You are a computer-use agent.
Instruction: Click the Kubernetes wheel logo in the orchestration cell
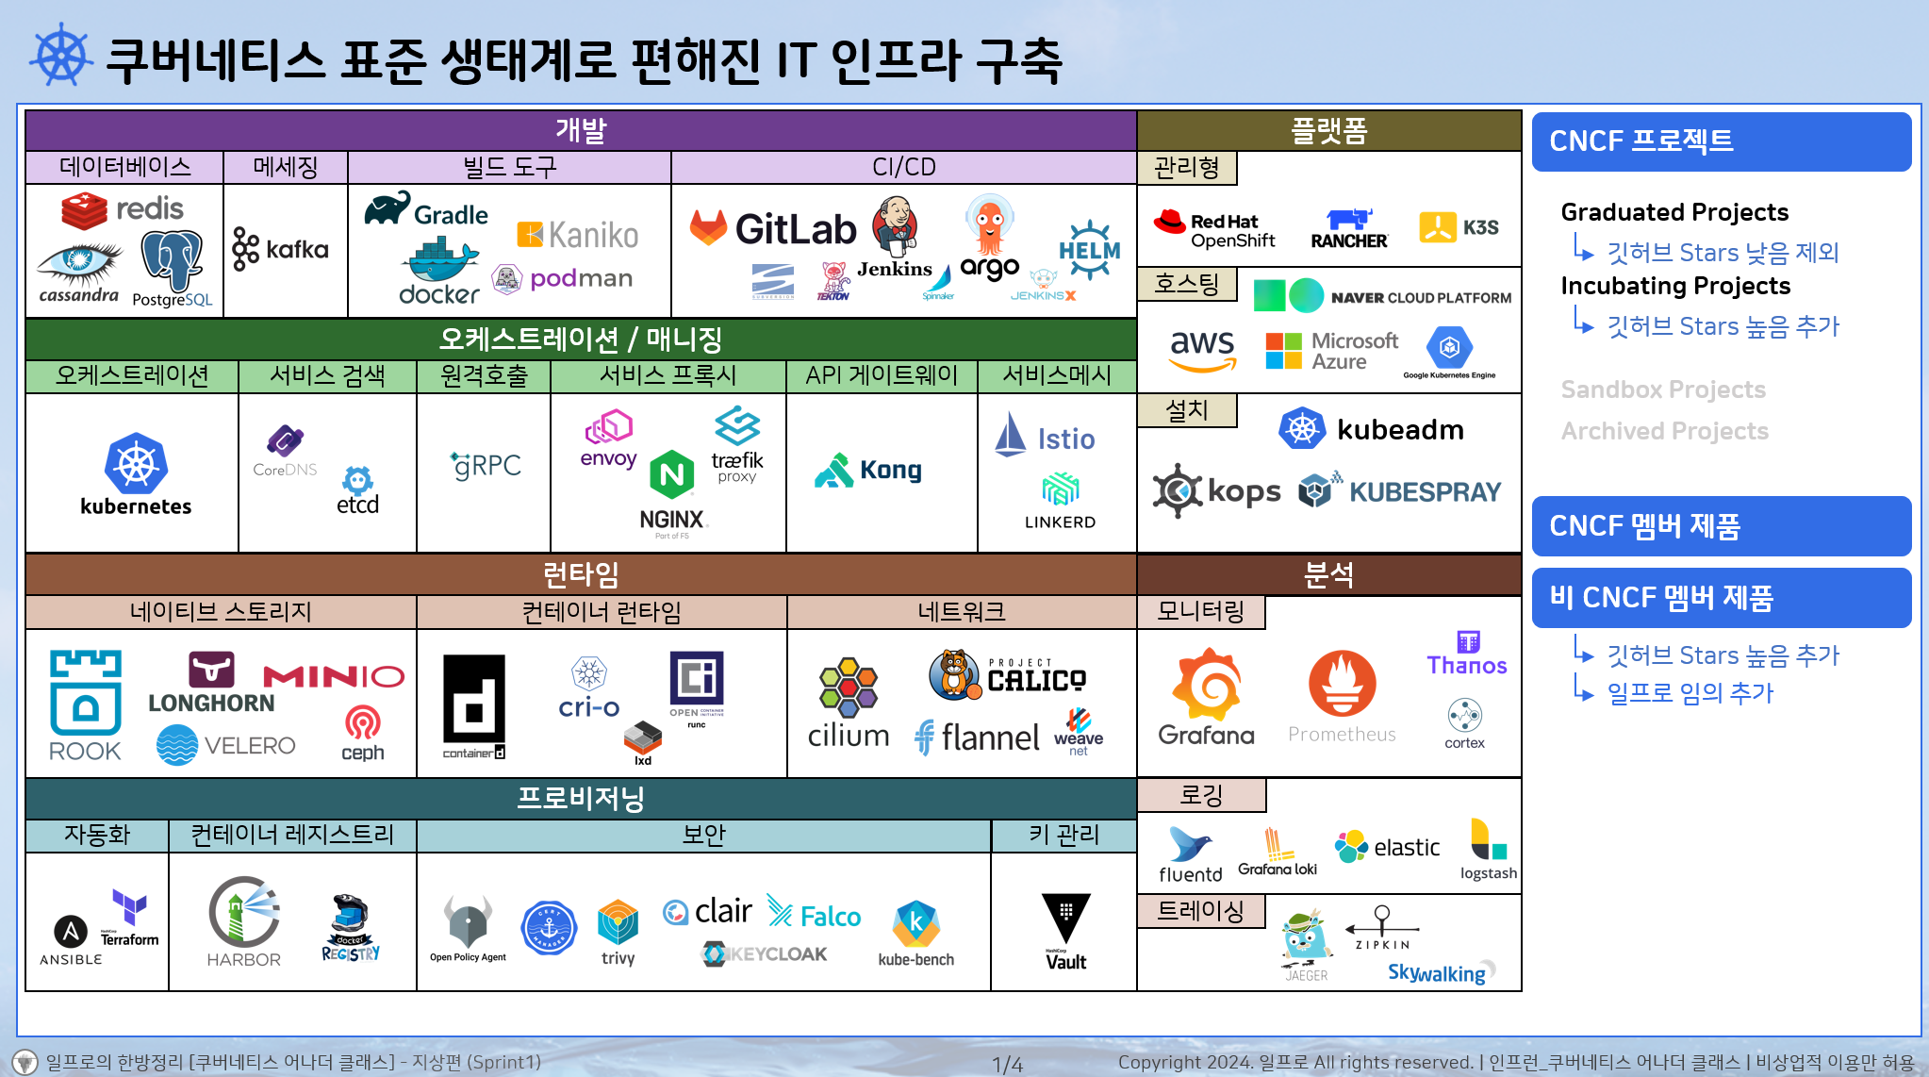pos(136,464)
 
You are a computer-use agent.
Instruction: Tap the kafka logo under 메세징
pos(280,249)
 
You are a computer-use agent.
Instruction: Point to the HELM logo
pos(1089,250)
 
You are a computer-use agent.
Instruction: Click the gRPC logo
pos(486,465)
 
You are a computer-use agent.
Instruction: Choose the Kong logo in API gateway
pos(868,470)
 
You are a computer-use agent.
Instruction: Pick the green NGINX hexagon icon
pos(672,474)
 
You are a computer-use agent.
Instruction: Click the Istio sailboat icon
pos(1011,436)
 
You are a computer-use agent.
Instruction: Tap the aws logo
pos(1202,350)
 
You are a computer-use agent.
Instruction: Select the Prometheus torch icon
pos(1342,684)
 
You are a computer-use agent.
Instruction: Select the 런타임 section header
pos(581,574)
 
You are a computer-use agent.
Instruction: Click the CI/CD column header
pos(903,167)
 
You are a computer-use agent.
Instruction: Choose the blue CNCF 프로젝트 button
pos(1721,141)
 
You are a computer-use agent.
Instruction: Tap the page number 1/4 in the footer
pos(1007,1065)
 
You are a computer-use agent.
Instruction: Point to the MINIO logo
pos(334,676)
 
